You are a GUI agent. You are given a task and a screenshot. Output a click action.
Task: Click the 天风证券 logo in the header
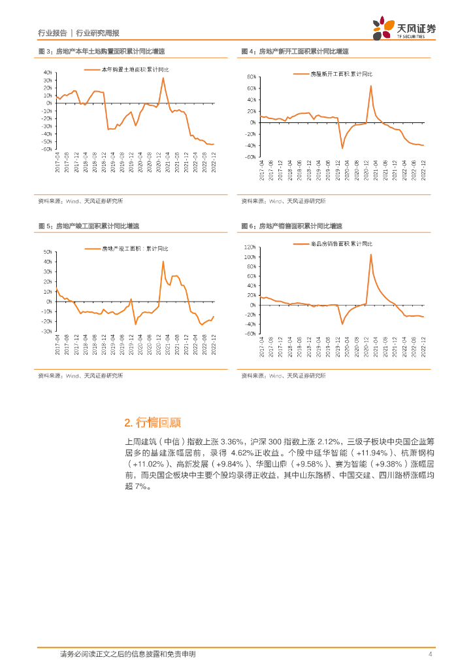click(405, 28)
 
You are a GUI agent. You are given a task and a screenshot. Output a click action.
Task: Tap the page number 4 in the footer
click(429, 654)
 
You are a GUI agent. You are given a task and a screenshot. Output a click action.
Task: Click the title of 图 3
click(101, 51)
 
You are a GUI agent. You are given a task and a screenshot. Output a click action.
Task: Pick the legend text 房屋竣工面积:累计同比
click(135, 249)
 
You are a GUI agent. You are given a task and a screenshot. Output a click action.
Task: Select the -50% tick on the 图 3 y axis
click(46, 141)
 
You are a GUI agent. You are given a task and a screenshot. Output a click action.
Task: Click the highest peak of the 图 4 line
click(371, 86)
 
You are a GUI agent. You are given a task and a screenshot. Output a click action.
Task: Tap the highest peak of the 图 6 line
click(371, 255)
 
